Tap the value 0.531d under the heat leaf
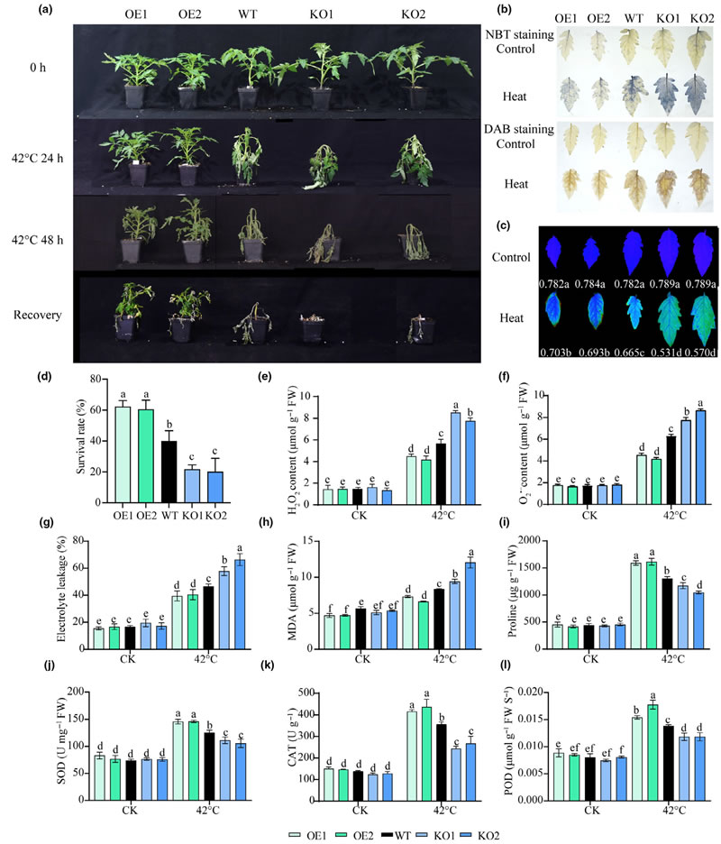(643, 347)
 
